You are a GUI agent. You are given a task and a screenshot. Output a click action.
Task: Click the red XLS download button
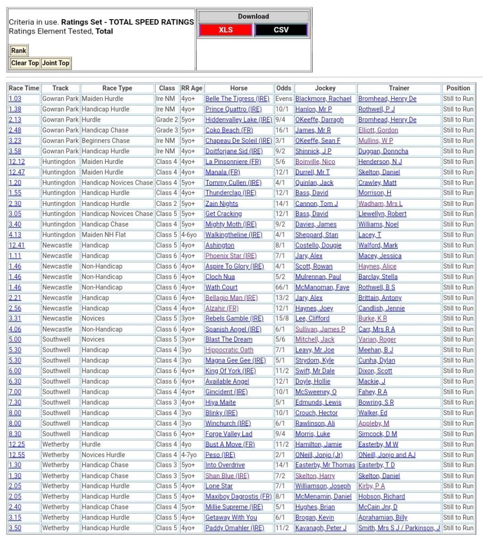(226, 30)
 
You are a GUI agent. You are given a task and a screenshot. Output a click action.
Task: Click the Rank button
(19, 50)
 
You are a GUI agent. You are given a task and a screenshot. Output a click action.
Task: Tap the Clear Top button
(25, 63)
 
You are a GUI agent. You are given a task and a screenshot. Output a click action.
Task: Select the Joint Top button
(56, 63)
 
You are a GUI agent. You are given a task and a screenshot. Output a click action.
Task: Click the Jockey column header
(325, 88)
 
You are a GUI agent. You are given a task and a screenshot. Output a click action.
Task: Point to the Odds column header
(284, 88)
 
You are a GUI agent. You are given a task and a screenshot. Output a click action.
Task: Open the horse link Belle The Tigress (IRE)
(237, 99)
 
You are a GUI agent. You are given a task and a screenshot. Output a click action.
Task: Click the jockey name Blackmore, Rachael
(323, 99)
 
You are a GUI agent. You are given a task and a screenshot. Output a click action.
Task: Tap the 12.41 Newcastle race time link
(16, 245)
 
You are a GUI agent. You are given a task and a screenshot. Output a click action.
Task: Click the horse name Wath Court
(222, 287)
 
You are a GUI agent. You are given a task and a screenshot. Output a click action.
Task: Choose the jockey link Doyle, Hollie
(313, 382)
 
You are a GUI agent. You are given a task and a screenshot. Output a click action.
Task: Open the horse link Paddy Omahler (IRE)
(234, 528)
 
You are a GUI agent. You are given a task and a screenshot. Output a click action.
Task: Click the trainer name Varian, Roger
(377, 340)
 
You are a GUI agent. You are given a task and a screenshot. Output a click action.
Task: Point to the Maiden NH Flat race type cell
(105, 235)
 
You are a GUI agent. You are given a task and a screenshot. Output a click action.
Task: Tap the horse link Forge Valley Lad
(228, 434)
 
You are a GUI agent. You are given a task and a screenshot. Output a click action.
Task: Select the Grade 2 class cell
(167, 119)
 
